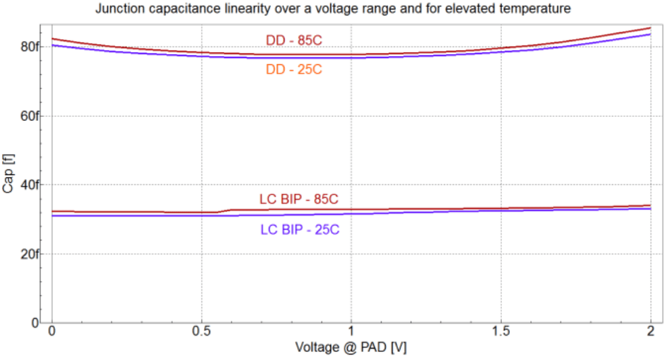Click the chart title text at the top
click(x=334, y=9)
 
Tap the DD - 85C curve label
click(x=294, y=41)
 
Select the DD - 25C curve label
click(x=294, y=69)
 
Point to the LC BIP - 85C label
click(x=299, y=199)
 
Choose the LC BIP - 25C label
click(x=300, y=230)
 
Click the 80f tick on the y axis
click(x=30, y=47)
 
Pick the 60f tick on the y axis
click(x=30, y=115)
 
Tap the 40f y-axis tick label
click(x=30, y=184)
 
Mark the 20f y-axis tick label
click(x=30, y=253)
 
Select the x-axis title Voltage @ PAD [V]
click(x=351, y=348)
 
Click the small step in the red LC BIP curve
click(x=226, y=211)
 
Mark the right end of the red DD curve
click(x=650, y=28)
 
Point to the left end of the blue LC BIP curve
click(x=53, y=215)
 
